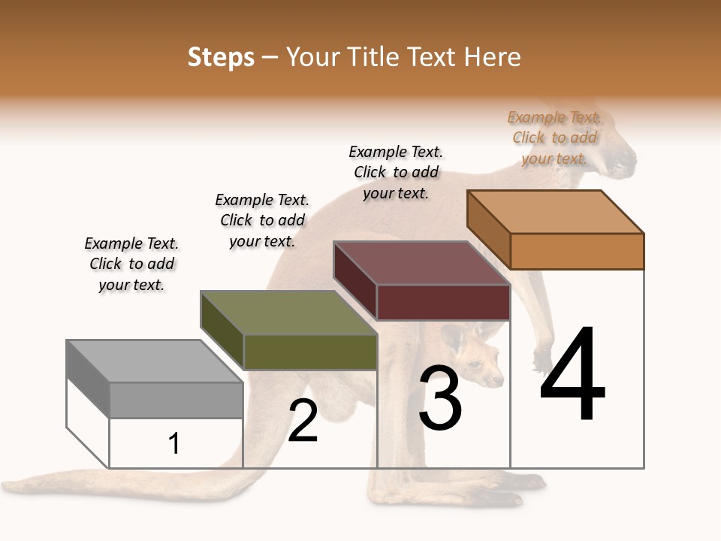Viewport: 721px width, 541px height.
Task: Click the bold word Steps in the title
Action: [221, 57]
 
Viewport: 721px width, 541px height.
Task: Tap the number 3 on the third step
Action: [440, 398]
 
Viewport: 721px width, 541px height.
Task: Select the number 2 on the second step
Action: [303, 421]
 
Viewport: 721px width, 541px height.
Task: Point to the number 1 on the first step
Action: [174, 443]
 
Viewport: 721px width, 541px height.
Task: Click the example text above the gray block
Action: [131, 264]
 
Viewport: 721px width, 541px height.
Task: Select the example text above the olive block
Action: [262, 220]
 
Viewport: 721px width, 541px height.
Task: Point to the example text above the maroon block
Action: [396, 172]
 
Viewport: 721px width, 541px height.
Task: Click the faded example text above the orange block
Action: [554, 138]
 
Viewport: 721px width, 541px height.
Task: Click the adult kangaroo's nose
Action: [629, 160]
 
